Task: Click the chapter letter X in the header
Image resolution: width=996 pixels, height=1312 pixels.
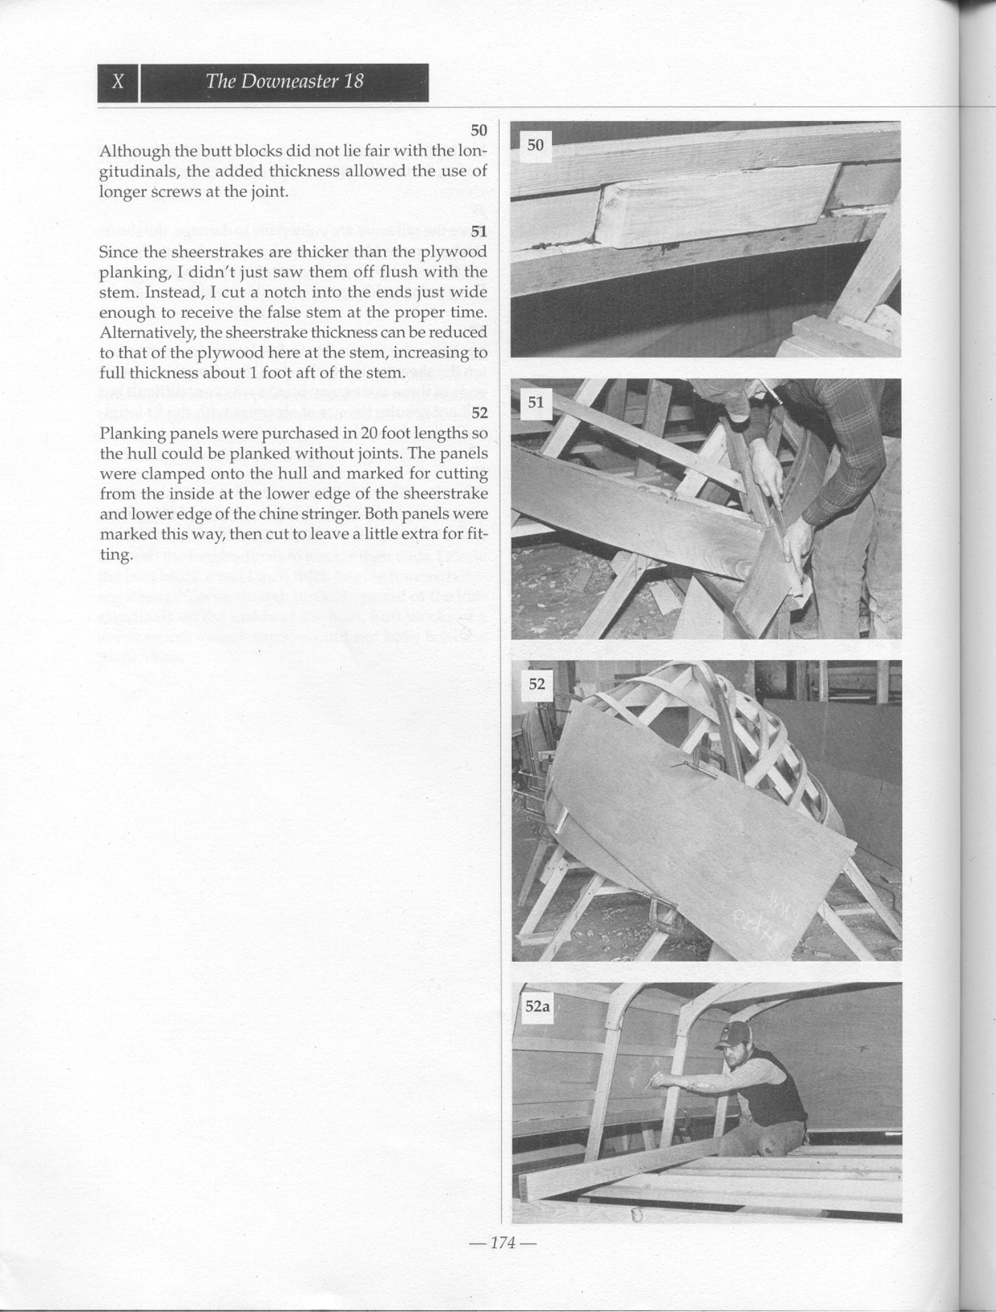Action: pos(118,82)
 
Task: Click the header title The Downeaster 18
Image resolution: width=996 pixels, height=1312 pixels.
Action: pos(284,81)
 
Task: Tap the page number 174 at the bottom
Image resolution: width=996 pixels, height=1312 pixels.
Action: pos(504,1243)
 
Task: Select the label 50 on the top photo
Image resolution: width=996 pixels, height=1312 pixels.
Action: pos(535,145)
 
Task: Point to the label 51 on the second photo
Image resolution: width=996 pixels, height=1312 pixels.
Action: pos(535,403)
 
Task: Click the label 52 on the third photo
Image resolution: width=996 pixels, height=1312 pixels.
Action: pos(537,684)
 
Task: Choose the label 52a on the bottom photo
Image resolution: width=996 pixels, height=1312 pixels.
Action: pos(537,1006)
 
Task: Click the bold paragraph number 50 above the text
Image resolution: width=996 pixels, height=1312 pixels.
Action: pos(479,130)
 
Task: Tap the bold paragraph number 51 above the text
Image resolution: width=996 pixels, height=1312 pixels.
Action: pos(479,232)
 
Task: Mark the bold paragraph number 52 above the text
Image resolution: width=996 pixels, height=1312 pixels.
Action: pos(479,413)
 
